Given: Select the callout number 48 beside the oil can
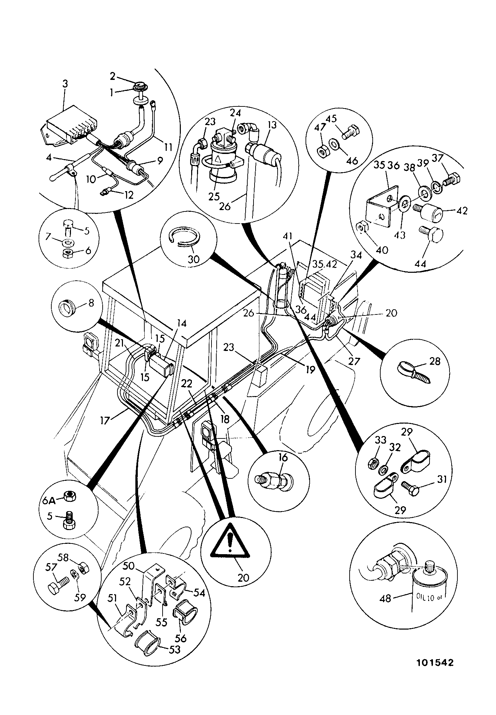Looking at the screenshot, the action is coord(386,598).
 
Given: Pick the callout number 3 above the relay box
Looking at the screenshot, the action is coord(65,83).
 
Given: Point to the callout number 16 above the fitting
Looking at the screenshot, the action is coord(283,458).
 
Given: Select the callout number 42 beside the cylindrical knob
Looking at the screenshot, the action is coord(462,210).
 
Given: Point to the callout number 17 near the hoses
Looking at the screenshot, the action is coord(105,421).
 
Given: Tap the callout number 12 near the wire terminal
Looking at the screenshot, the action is coord(128,195).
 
